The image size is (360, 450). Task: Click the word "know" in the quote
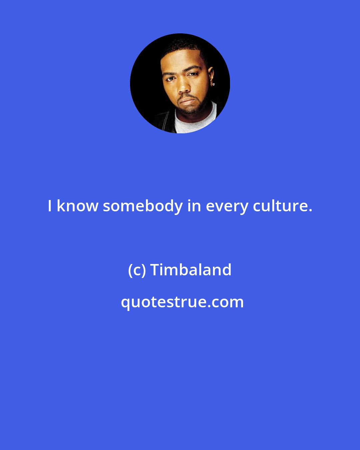[77, 206]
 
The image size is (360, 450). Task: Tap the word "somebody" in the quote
[143, 206]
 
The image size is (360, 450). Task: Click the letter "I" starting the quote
[50, 206]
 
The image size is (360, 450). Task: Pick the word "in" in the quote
[194, 206]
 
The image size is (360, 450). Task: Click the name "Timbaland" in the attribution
[191, 270]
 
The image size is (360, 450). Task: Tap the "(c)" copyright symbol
[137, 270]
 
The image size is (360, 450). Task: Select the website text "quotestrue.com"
[182, 302]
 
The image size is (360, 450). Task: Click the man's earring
[213, 84]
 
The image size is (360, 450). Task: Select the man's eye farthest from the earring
[170, 79]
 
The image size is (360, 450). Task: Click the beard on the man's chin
[188, 109]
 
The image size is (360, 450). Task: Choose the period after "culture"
[311, 211]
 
